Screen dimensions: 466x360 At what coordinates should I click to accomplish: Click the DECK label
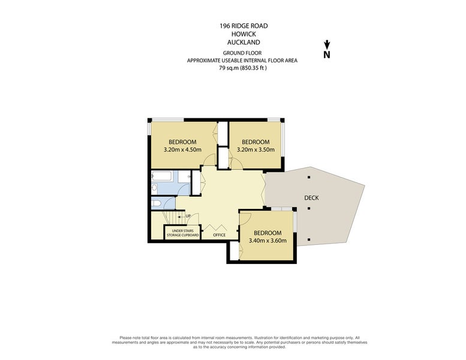pos(311,197)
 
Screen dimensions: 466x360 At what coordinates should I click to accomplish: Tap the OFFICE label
pos(220,235)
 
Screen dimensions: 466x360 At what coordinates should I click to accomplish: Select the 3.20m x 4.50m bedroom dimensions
pos(182,149)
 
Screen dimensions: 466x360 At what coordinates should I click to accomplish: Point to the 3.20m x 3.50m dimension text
pos(255,149)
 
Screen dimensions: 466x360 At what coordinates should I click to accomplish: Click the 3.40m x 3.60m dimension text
pos(267,241)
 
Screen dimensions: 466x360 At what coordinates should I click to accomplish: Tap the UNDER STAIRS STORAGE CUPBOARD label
pos(182,233)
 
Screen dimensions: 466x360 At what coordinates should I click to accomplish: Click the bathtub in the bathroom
pos(161,176)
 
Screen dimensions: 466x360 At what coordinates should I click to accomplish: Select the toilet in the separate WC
pos(156,203)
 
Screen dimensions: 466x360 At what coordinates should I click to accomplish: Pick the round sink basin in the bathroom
pos(154,187)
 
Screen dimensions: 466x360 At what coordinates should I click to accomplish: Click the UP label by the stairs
pos(188,216)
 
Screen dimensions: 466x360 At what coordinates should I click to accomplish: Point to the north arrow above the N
pos(327,44)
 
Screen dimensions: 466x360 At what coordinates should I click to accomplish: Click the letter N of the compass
pos(327,55)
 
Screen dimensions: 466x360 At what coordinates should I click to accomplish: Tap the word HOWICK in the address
pos(243,34)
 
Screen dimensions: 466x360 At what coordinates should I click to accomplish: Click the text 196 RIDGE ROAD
pos(243,26)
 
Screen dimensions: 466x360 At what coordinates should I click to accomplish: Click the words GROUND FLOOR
pos(242,53)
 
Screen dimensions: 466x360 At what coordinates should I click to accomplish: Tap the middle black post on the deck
pos(309,208)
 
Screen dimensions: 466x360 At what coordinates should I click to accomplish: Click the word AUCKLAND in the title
pos(243,43)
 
